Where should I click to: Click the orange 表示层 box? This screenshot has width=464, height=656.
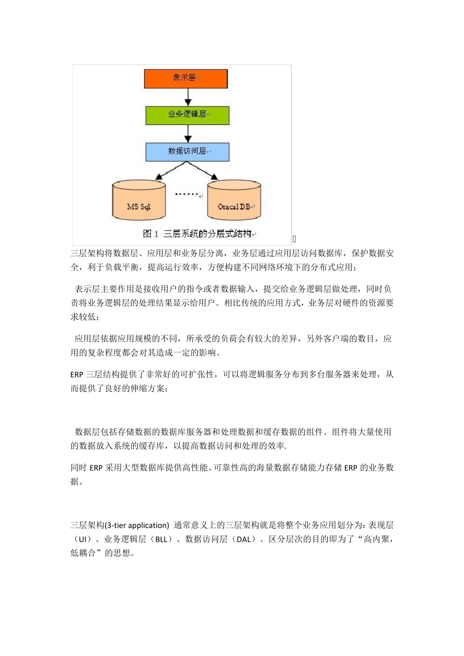pos(186,79)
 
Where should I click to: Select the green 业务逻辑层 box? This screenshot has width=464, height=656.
pos(187,115)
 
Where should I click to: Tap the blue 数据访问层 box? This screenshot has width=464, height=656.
pos(187,152)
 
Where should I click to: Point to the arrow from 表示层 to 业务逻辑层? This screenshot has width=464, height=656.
pos(188,97)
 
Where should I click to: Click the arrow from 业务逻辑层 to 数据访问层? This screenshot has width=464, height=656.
pos(188,134)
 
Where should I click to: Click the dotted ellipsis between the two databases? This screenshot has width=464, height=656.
pos(187,194)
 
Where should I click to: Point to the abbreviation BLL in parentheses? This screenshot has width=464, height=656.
pos(161,540)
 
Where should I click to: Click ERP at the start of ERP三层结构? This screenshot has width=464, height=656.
pos(77,375)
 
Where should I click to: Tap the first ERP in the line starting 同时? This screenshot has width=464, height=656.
pos(96,468)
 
